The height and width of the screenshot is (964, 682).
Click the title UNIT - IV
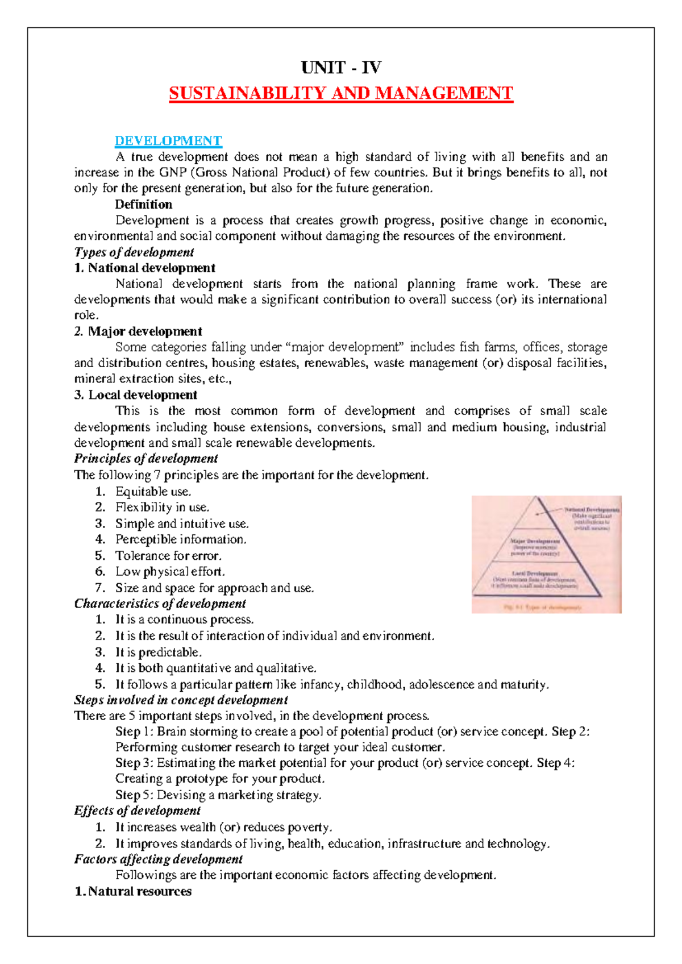pyautogui.click(x=341, y=68)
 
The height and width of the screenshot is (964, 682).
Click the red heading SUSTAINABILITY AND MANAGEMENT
pyautogui.click(x=341, y=93)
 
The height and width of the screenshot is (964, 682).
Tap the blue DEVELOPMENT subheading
pyautogui.click(x=168, y=140)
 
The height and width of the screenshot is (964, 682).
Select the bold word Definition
pyautogui.click(x=143, y=204)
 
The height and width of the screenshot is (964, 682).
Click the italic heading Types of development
pyautogui.click(x=134, y=252)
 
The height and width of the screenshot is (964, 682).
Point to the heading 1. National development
pyautogui.click(x=144, y=268)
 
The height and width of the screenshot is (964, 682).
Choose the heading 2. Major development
pyautogui.click(x=138, y=331)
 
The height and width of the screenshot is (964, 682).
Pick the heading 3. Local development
pyautogui.click(x=136, y=395)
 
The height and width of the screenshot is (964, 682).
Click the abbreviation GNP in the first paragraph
pyautogui.click(x=172, y=172)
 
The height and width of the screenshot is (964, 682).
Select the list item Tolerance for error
pyautogui.click(x=168, y=555)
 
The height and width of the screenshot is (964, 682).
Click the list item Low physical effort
pyautogui.click(x=170, y=571)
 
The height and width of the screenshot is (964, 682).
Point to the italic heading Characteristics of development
pyautogui.click(x=160, y=603)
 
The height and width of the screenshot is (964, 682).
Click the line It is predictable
pyautogui.click(x=159, y=652)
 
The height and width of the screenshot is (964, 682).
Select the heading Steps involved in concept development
pyautogui.click(x=181, y=700)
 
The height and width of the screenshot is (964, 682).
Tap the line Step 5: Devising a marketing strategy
pyautogui.click(x=218, y=795)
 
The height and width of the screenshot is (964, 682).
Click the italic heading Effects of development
pyautogui.click(x=137, y=811)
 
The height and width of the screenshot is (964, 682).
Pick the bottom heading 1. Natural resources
pyautogui.click(x=134, y=891)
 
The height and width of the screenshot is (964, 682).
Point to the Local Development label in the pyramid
pyautogui.click(x=534, y=574)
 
